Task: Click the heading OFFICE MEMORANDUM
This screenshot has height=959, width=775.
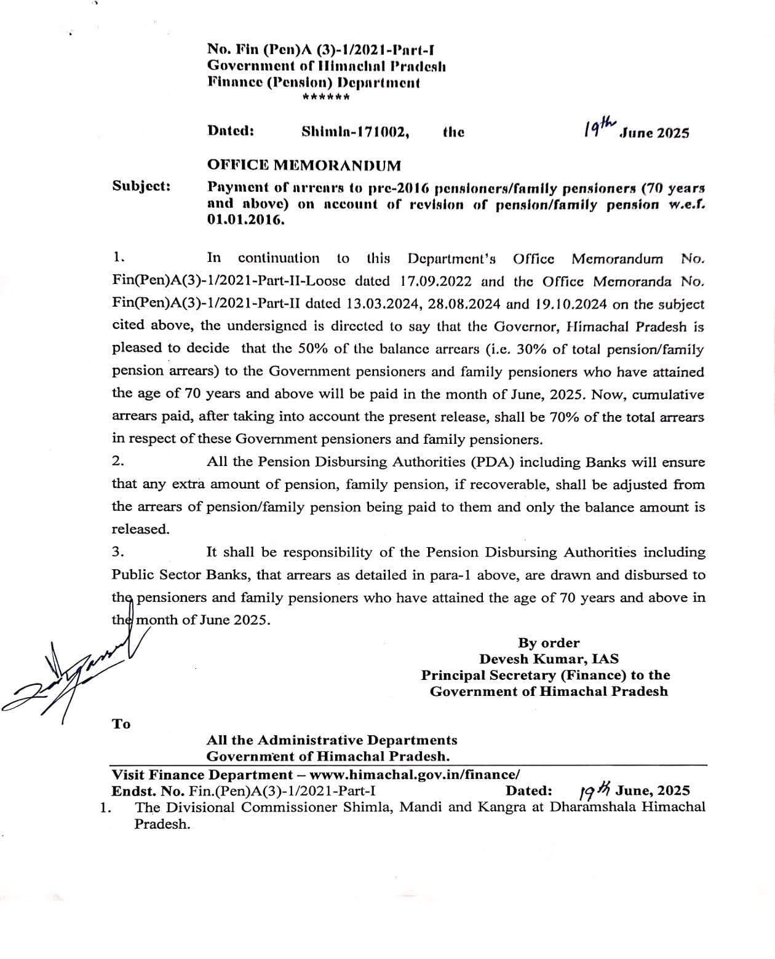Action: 304,165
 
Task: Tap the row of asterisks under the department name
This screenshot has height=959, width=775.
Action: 327,97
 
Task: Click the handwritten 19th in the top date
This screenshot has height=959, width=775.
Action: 600,128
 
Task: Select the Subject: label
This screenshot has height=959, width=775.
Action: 141,186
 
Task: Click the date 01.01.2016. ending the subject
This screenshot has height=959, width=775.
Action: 246,220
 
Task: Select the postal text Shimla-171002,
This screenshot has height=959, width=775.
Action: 355,132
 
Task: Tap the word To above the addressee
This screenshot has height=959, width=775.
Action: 121,724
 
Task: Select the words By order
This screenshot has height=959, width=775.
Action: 549,643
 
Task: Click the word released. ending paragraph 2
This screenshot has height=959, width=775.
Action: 140,529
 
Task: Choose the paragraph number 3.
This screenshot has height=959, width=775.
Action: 117,552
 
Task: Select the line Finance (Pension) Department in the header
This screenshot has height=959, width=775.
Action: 313,82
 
